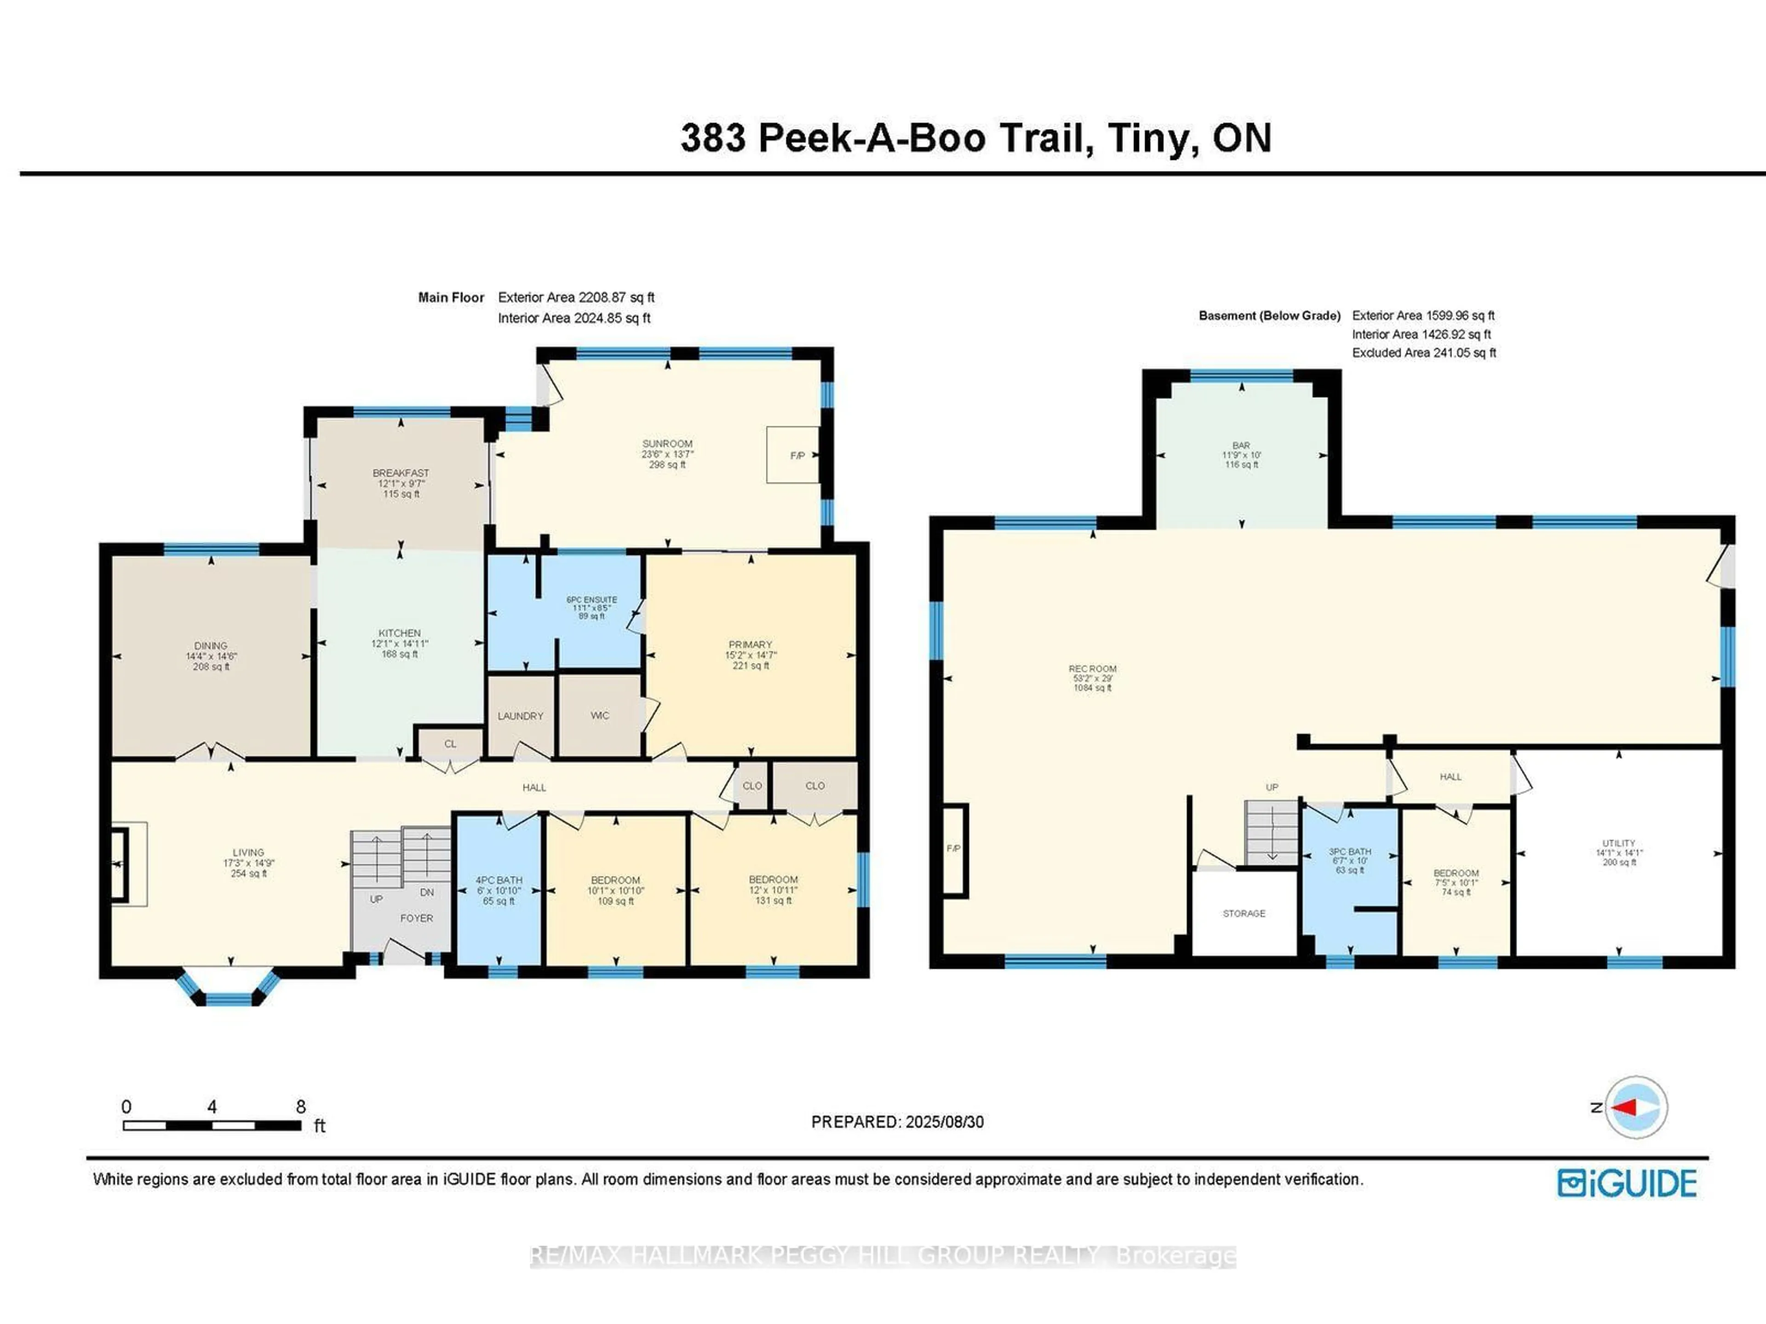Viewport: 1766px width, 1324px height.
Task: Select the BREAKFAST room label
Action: coord(401,473)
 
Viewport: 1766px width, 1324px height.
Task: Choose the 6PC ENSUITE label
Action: coord(591,600)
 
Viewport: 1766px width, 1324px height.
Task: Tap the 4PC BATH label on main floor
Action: coord(499,880)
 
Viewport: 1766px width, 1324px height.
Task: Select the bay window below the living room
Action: coord(228,990)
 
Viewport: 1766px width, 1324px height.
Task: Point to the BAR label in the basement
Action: coord(1241,446)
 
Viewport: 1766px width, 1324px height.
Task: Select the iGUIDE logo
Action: coord(1627,1183)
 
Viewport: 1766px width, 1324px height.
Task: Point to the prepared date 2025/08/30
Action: coord(945,1122)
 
